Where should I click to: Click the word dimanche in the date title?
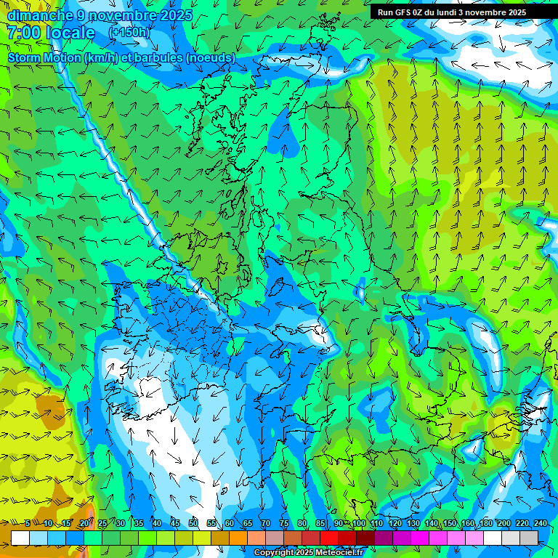point(40,15)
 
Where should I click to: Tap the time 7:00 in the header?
point(23,33)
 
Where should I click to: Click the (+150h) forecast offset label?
point(129,33)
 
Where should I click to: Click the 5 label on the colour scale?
point(28,523)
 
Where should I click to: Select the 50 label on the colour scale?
point(193,523)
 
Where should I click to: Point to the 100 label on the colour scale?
point(359,523)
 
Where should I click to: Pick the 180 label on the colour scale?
point(485,523)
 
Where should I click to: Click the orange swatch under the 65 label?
point(238,538)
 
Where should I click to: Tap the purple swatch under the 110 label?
point(384,538)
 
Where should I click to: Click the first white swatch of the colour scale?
point(20,538)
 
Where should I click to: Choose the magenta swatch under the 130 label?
point(420,538)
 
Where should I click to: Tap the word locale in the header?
point(70,33)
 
